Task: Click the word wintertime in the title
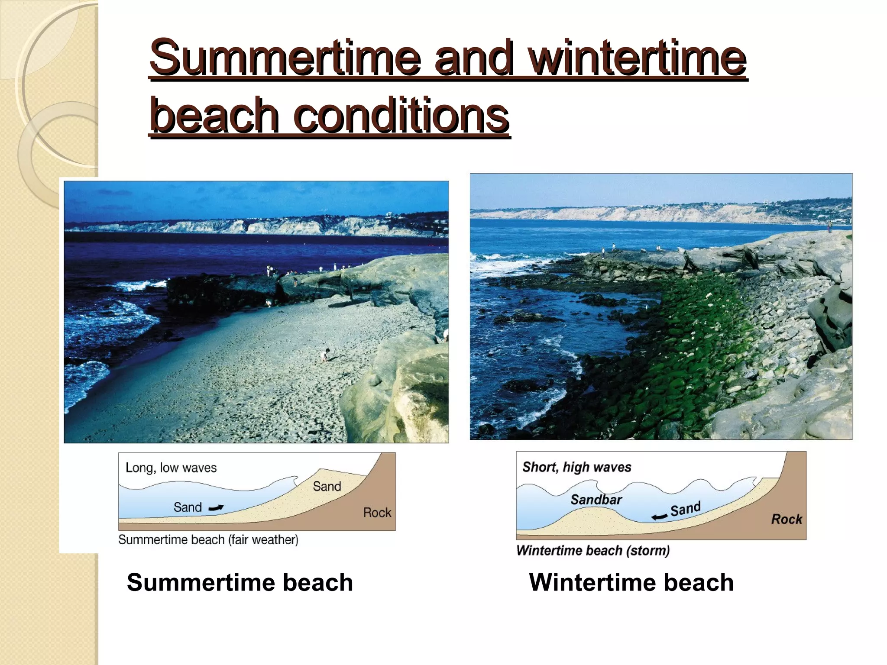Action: click(639, 58)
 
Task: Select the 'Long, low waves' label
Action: click(171, 468)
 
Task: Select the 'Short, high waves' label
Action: click(576, 467)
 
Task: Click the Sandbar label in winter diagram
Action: click(596, 500)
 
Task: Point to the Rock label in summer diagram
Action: click(377, 513)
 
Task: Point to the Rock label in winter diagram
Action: click(786, 519)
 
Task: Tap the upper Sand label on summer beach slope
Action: click(327, 487)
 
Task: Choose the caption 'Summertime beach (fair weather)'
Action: click(208, 540)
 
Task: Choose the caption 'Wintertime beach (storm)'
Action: click(593, 551)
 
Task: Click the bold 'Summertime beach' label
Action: click(240, 582)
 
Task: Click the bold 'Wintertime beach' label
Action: click(631, 582)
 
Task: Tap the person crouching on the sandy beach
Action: click(325, 355)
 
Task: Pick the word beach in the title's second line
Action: click(214, 116)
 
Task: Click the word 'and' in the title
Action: click(474, 58)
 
